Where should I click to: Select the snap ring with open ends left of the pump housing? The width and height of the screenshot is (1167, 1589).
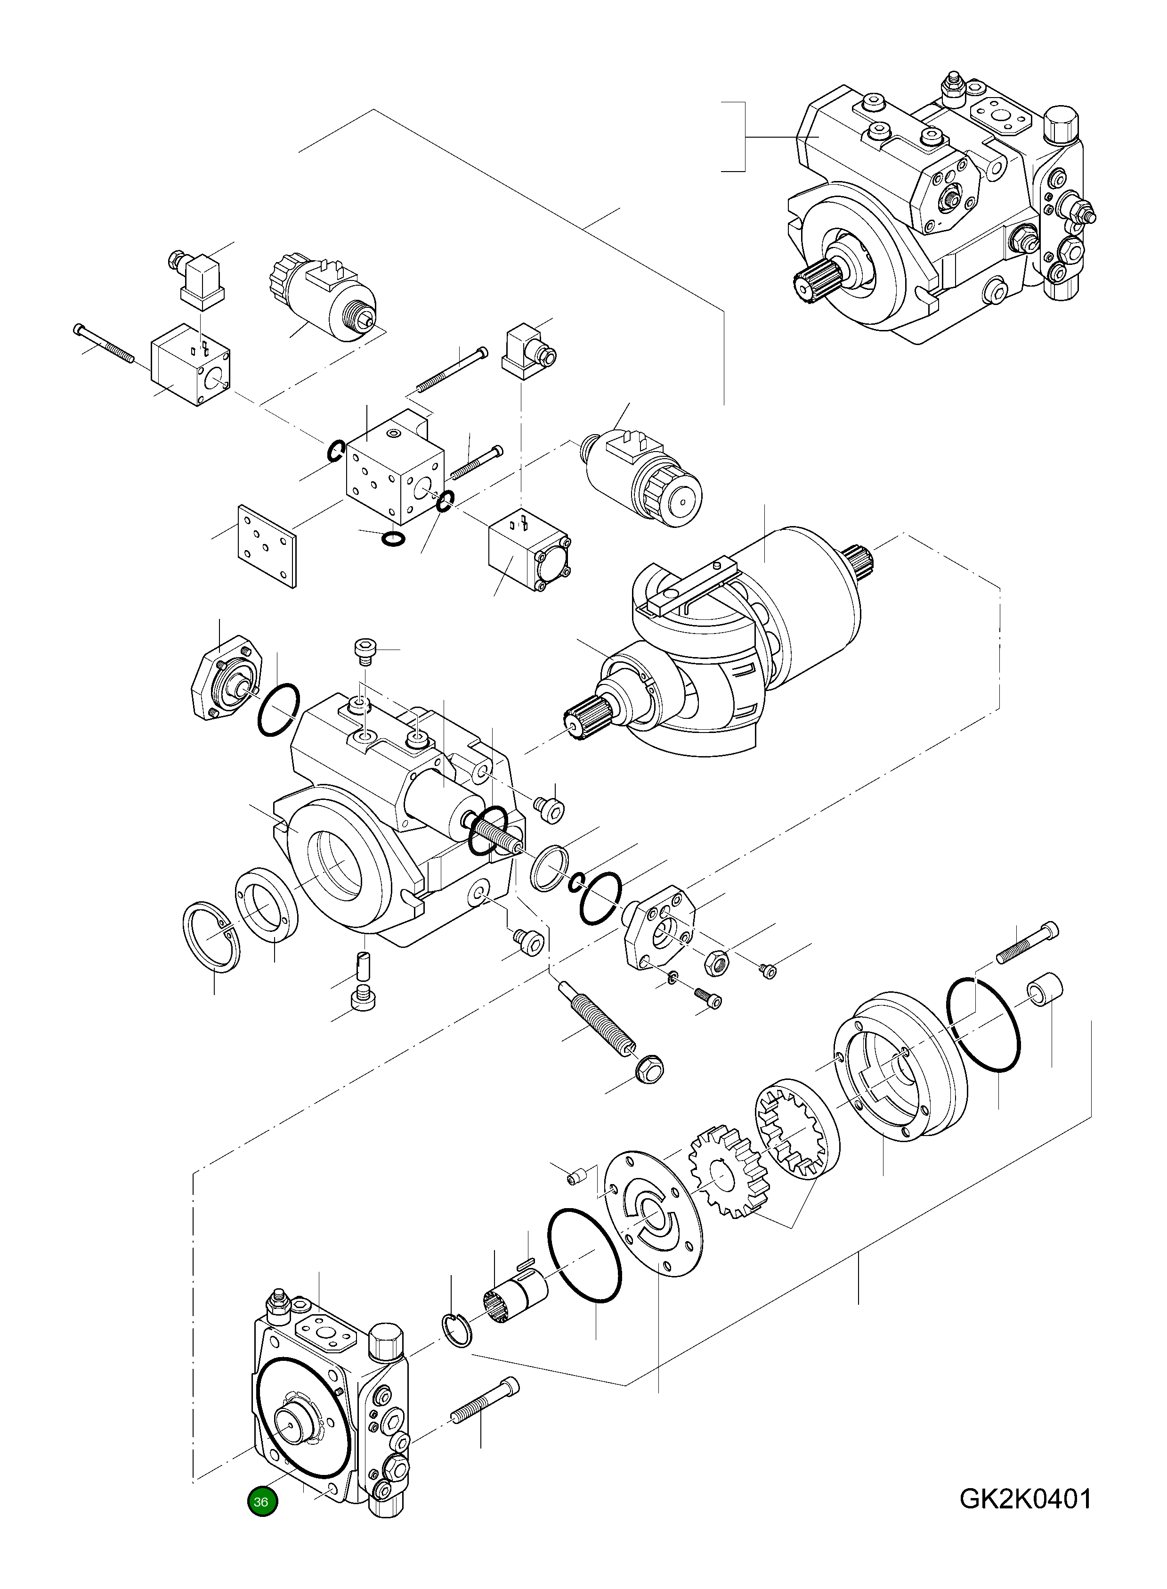pyautogui.click(x=211, y=937)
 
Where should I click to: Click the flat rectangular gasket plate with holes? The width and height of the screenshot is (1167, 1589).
pyautogui.click(x=267, y=545)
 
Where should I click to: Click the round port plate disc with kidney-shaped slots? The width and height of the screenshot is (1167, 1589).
pyautogui.click(x=654, y=1214)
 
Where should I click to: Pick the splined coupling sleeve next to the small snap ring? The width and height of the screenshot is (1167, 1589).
pyautogui.click(x=515, y=1297)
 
